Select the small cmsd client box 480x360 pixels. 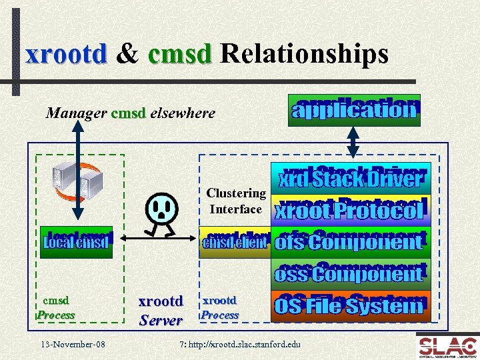tap(234, 241)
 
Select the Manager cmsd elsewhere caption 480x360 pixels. tap(131, 113)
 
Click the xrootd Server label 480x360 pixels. tap(160, 311)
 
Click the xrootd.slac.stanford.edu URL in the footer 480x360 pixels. tap(241, 345)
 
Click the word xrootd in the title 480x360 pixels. tap(66, 54)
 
